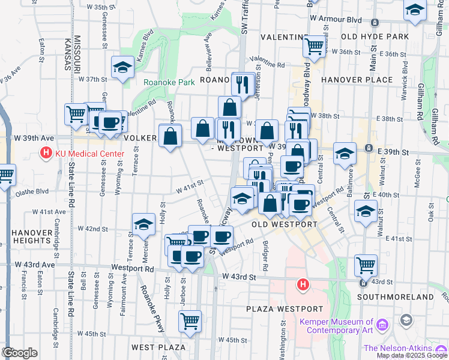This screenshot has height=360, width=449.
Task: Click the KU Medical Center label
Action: click(x=89, y=154)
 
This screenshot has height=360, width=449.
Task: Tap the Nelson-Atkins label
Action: click(x=397, y=348)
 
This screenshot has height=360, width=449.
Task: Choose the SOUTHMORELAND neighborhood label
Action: click(x=403, y=297)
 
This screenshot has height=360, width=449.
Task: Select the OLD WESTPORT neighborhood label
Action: click(x=284, y=224)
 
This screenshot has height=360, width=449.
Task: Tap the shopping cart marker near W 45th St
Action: click(x=190, y=320)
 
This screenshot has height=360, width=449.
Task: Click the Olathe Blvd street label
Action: click(x=34, y=192)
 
